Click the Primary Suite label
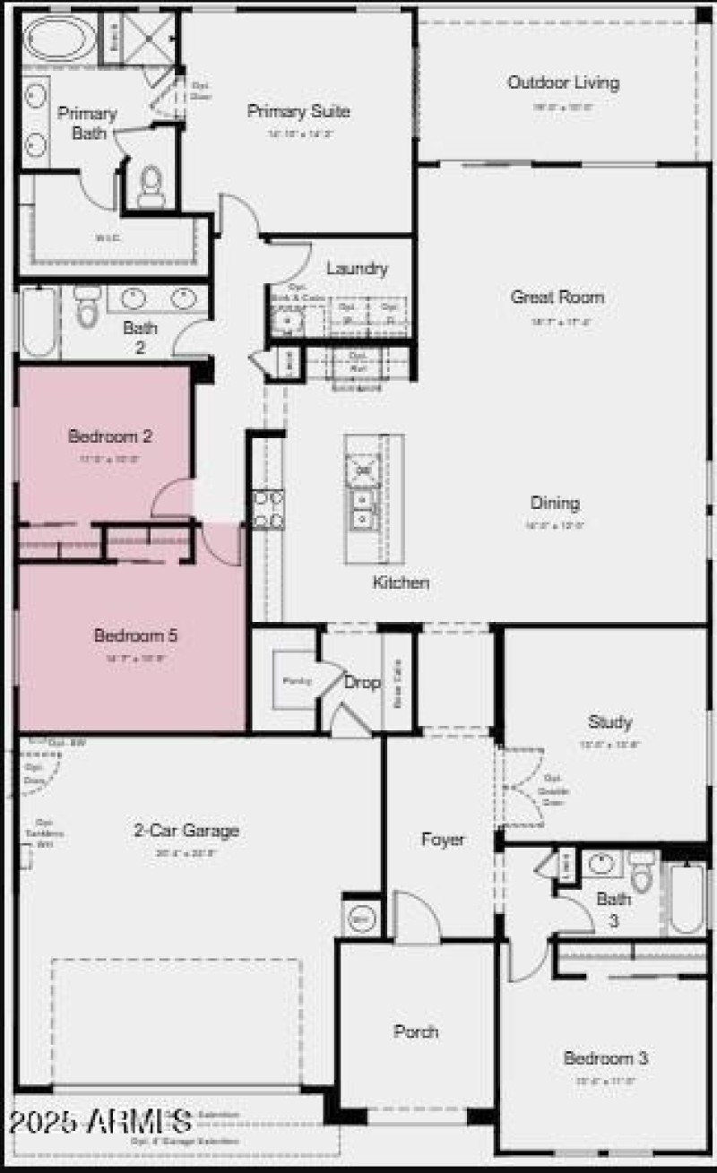[298, 112]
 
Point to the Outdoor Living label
[563, 83]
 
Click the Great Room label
[557, 297]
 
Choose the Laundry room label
[357, 269]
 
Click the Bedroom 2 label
[109, 437]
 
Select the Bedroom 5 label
[135, 636]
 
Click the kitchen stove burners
[268, 509]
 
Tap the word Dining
[554, 503]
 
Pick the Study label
[609, 721]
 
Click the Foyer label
[443, 840]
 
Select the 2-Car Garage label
[186, 831]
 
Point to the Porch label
[416, 1031]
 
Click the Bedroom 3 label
[605, 1058]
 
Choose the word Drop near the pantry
[362, 683]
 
